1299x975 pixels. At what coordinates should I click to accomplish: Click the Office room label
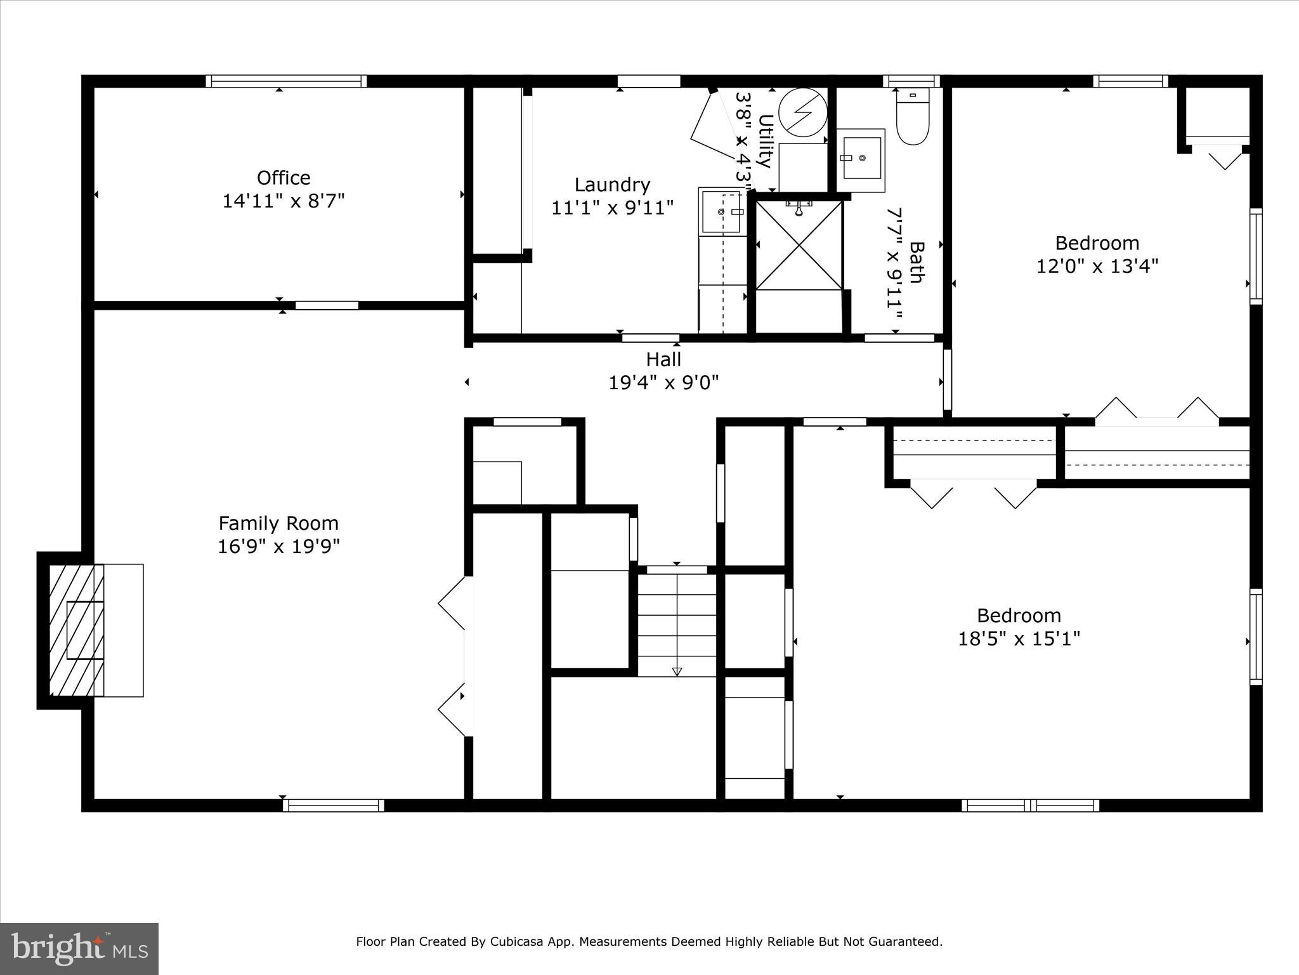click(x=284, y=178)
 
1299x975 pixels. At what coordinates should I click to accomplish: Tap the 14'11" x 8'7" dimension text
click(x=284, y=201)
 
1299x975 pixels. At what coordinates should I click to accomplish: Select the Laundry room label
click(x=612, y=185)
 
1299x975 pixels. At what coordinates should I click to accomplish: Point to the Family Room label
click(x=278, y=523)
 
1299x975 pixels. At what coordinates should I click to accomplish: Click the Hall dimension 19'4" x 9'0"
click(x=663, y=383)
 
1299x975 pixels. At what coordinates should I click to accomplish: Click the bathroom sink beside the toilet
click(x=861, y=159)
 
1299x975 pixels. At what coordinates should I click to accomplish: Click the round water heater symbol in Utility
click(x=803, y=112)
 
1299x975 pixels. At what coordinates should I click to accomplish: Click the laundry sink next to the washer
click(x=722, y=211)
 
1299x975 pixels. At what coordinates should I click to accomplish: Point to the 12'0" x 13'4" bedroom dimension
click(x=1097, y=266)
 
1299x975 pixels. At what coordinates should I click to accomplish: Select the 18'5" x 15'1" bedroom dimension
click(x=1019, y=638)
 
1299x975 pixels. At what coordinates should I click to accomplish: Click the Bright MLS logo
click(x=79, y=948)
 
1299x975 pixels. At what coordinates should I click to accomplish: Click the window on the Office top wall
click(x=286, y=81)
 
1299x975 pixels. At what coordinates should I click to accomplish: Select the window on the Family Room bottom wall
click(x=334, y=805)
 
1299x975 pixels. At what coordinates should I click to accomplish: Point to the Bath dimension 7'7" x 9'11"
click(x=894, y=265)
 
